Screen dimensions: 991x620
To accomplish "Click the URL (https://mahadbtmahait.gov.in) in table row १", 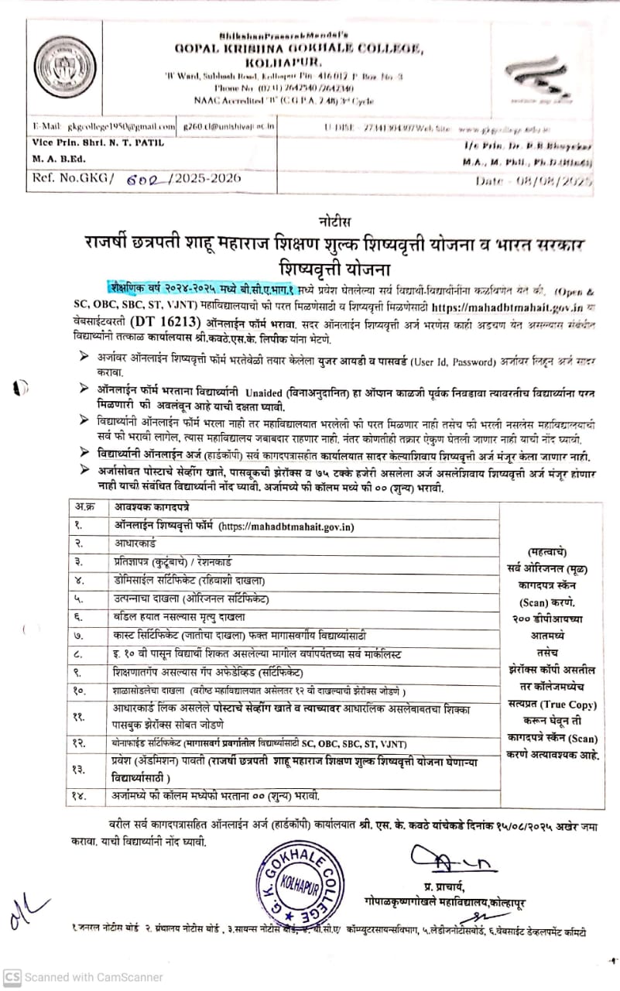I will (x=286, y=526).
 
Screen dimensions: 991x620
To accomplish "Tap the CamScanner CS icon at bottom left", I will (x=12, y=977).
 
